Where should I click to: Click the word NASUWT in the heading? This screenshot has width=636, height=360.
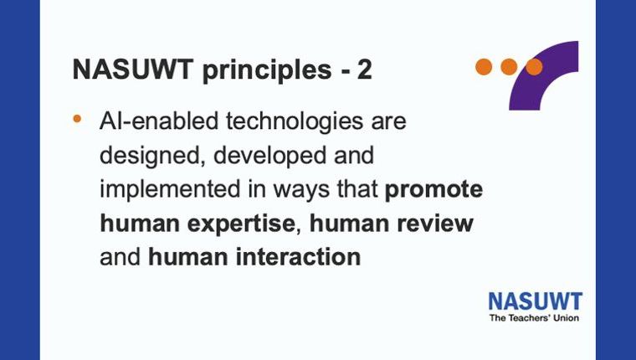pyautogui.click(x=132, y=69)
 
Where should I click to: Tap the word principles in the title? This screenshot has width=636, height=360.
pyautogui.click(x=266, y=71)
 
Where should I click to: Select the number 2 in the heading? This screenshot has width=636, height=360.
pyautogui.click(x=364, y=69)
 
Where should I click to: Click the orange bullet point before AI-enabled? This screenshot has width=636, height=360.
pyautogui.click(x=77, y=119)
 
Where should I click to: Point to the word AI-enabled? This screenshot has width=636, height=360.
pyautogui.click(x=159, y=121)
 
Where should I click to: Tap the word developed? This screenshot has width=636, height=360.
pyautogui.click(x=269, y=157)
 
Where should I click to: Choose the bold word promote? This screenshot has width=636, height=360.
pyautogui.click(x=433, y=190)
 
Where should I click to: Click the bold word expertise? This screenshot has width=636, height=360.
pyautogui.click(x=241, y=224)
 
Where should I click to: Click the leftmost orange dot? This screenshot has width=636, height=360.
pyautogui.click(x=484, y=67)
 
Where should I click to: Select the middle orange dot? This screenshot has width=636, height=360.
pyautogui.click(x=509, y=67)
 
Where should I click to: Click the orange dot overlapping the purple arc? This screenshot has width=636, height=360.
pyautogui.click(x=534, y=67)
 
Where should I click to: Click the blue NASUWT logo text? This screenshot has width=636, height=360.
pyautogui.click(x=536, y=301)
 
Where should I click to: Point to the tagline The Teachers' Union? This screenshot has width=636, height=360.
pyautogui.click(x=534, y=318)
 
